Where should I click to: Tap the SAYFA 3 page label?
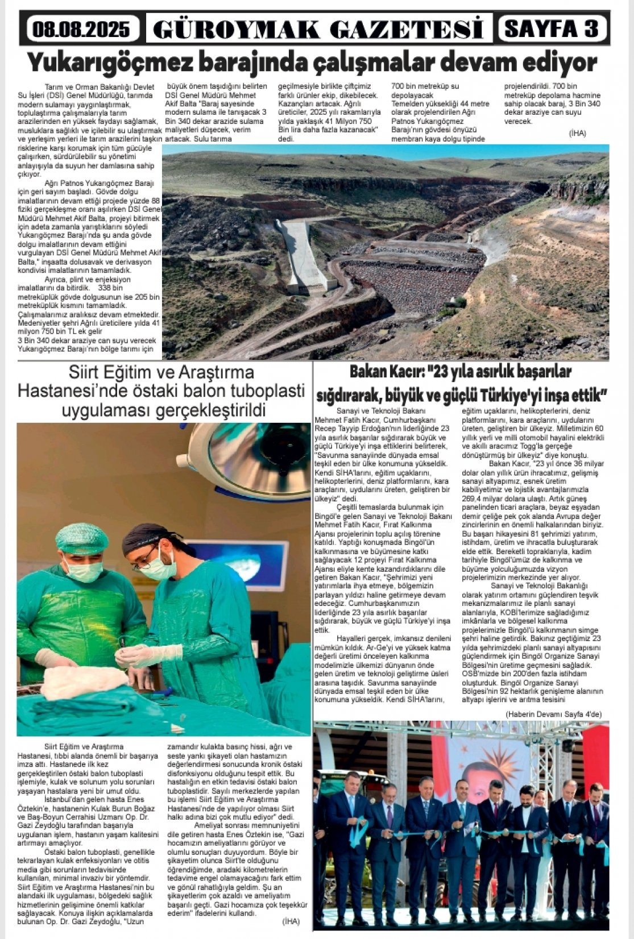[x=552, y=28]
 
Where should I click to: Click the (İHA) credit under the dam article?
[x=577, y=133]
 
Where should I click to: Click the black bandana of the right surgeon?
[x=146, y=538]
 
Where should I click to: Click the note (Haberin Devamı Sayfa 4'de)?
[x=553, y=714]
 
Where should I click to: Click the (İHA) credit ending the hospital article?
[x=291, y=921]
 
